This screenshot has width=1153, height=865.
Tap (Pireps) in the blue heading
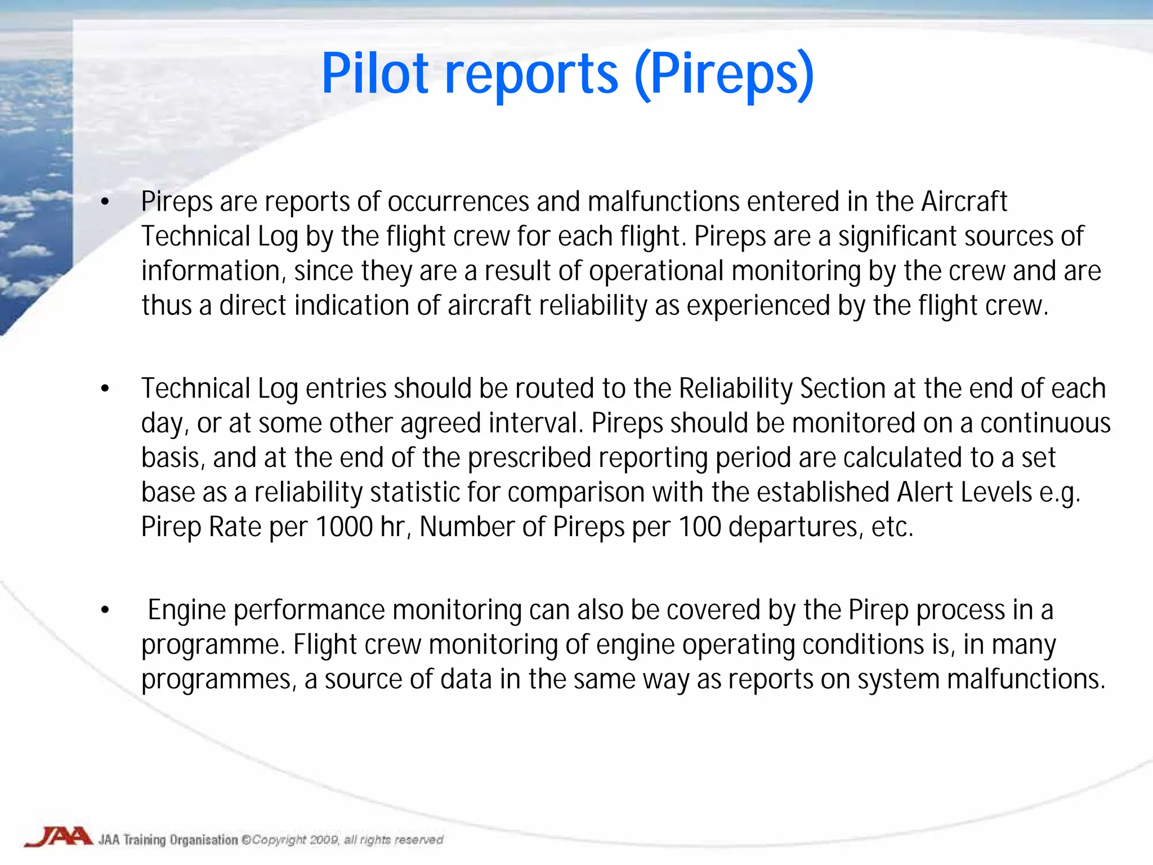click(724, 74)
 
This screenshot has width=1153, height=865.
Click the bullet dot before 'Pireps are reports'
click(105, 202)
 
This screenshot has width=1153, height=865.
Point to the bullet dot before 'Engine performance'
click(105, 610)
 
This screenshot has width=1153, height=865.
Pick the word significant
click(892, 237)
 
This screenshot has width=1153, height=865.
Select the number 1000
click(345, 527)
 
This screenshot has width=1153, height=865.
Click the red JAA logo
click(58, 837)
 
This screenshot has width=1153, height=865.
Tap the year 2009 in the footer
click(324, 840)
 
